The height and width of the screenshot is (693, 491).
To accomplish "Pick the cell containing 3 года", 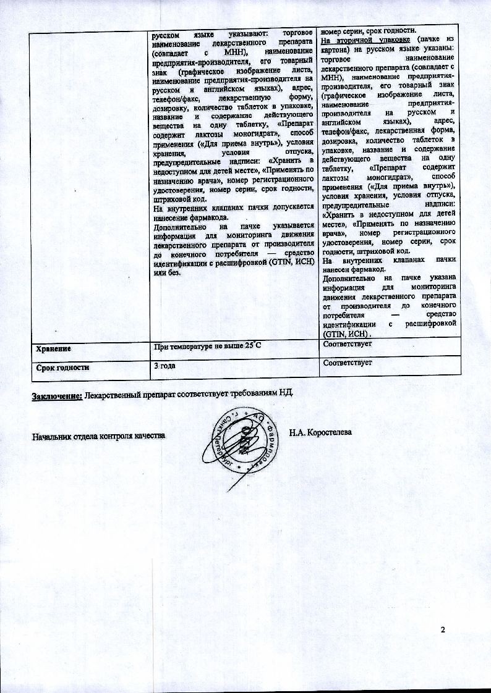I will (x=164, y=366).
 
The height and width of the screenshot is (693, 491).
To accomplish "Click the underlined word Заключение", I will (x=57, y=395).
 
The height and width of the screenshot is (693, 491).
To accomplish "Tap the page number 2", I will (x=443, y=629).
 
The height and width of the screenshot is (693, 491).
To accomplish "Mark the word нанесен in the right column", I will (x=338, y=269).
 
